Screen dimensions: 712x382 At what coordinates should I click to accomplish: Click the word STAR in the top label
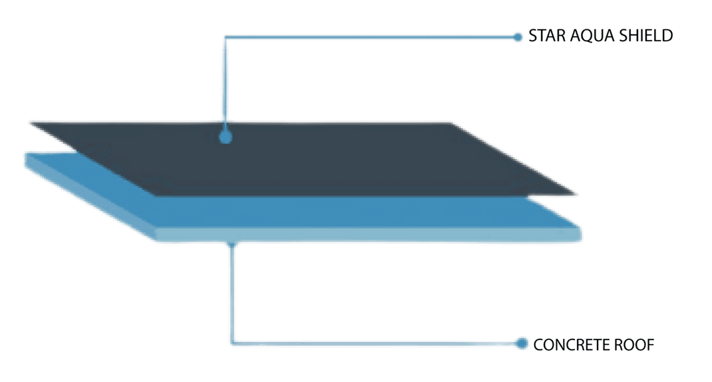(547, 36)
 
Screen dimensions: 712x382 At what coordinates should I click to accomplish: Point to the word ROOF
(634, 345)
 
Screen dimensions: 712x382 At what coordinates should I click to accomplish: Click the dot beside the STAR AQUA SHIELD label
(518, 37)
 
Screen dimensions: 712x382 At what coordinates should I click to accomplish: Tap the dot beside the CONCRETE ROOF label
(522, 344)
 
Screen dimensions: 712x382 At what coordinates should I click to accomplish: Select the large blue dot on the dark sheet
(226, 136)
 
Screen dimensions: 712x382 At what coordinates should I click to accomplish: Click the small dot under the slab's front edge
(232, 244)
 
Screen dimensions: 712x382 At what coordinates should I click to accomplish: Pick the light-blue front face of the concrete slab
(368, 234)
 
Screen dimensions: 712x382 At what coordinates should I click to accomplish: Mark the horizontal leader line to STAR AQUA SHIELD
(371, 37)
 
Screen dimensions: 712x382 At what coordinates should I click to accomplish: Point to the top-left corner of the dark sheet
(31, 122)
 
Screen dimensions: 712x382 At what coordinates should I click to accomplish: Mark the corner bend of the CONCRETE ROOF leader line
(232, 343)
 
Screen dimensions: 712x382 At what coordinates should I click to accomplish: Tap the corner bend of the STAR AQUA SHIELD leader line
(225, 37)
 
